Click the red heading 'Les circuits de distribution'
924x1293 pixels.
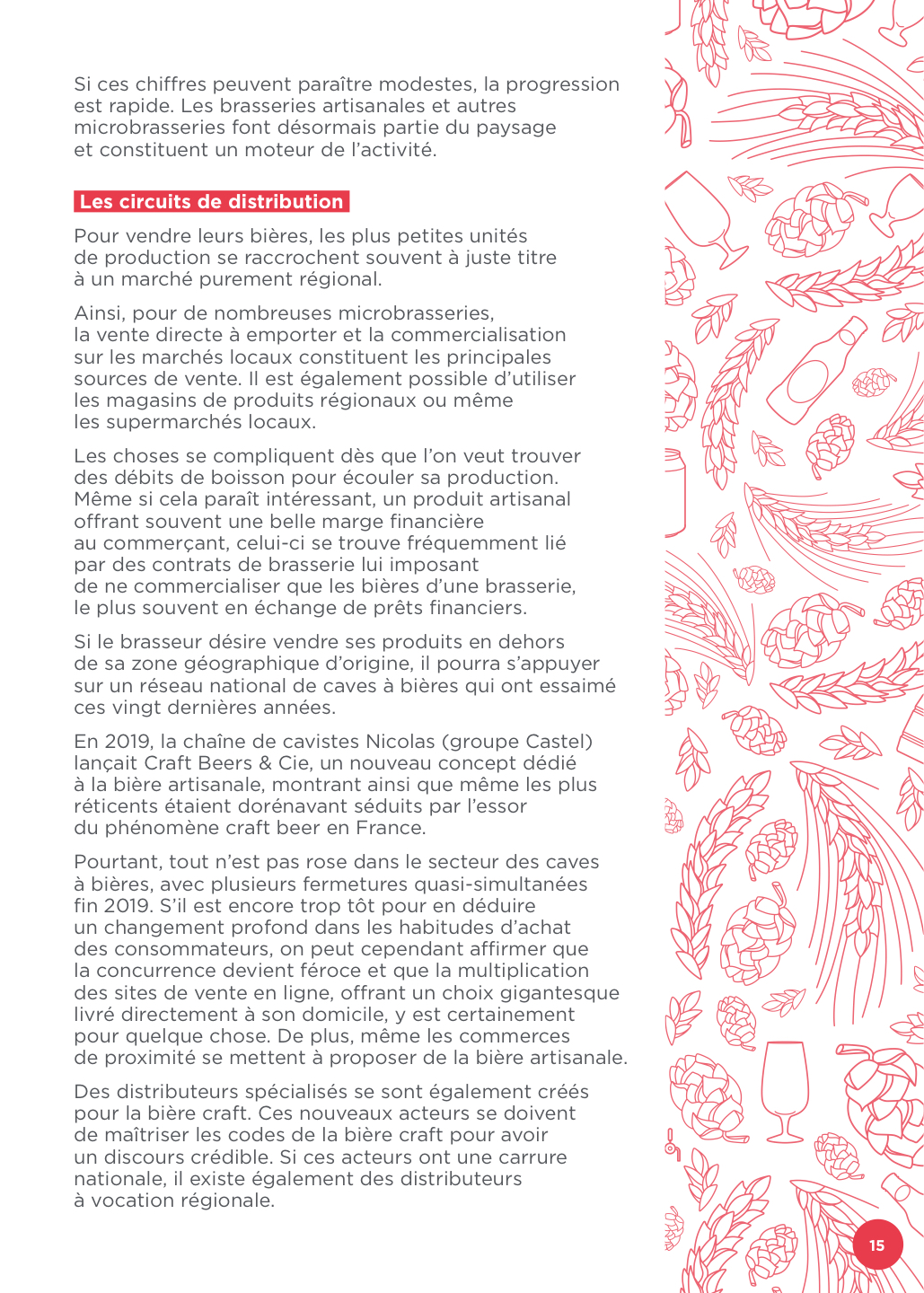click(x=211, y=201)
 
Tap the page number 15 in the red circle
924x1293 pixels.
click(x=876, y=1245)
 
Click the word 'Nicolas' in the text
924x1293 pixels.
click(x=400, y=742)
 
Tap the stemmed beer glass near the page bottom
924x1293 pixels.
click(x=784, y=1089)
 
